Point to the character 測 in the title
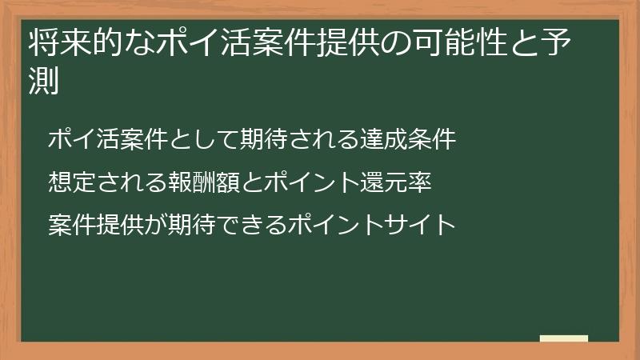pos(43,81)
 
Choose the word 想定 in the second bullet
pos(70,182)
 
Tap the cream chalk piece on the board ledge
pos(563,338)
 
